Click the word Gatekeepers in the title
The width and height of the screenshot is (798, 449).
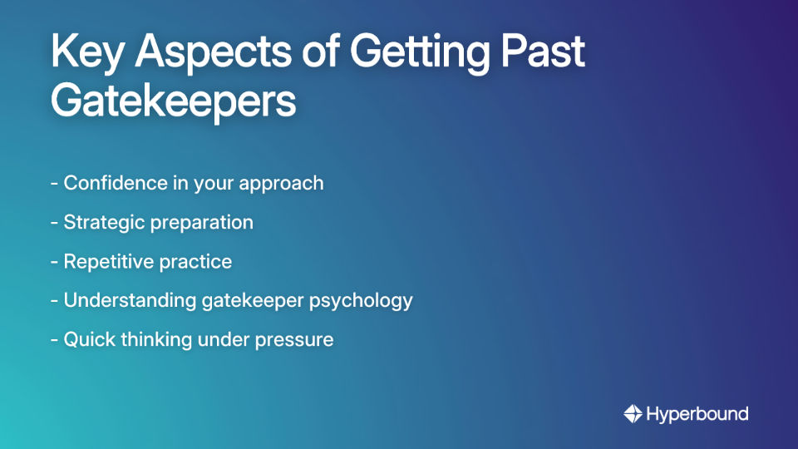point(173,101)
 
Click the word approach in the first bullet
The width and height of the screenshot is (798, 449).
point(282,184)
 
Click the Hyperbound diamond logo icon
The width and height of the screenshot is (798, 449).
point(633,413)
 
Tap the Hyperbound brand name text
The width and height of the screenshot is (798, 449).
point(697,413)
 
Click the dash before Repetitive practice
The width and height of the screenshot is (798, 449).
point(54,262)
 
